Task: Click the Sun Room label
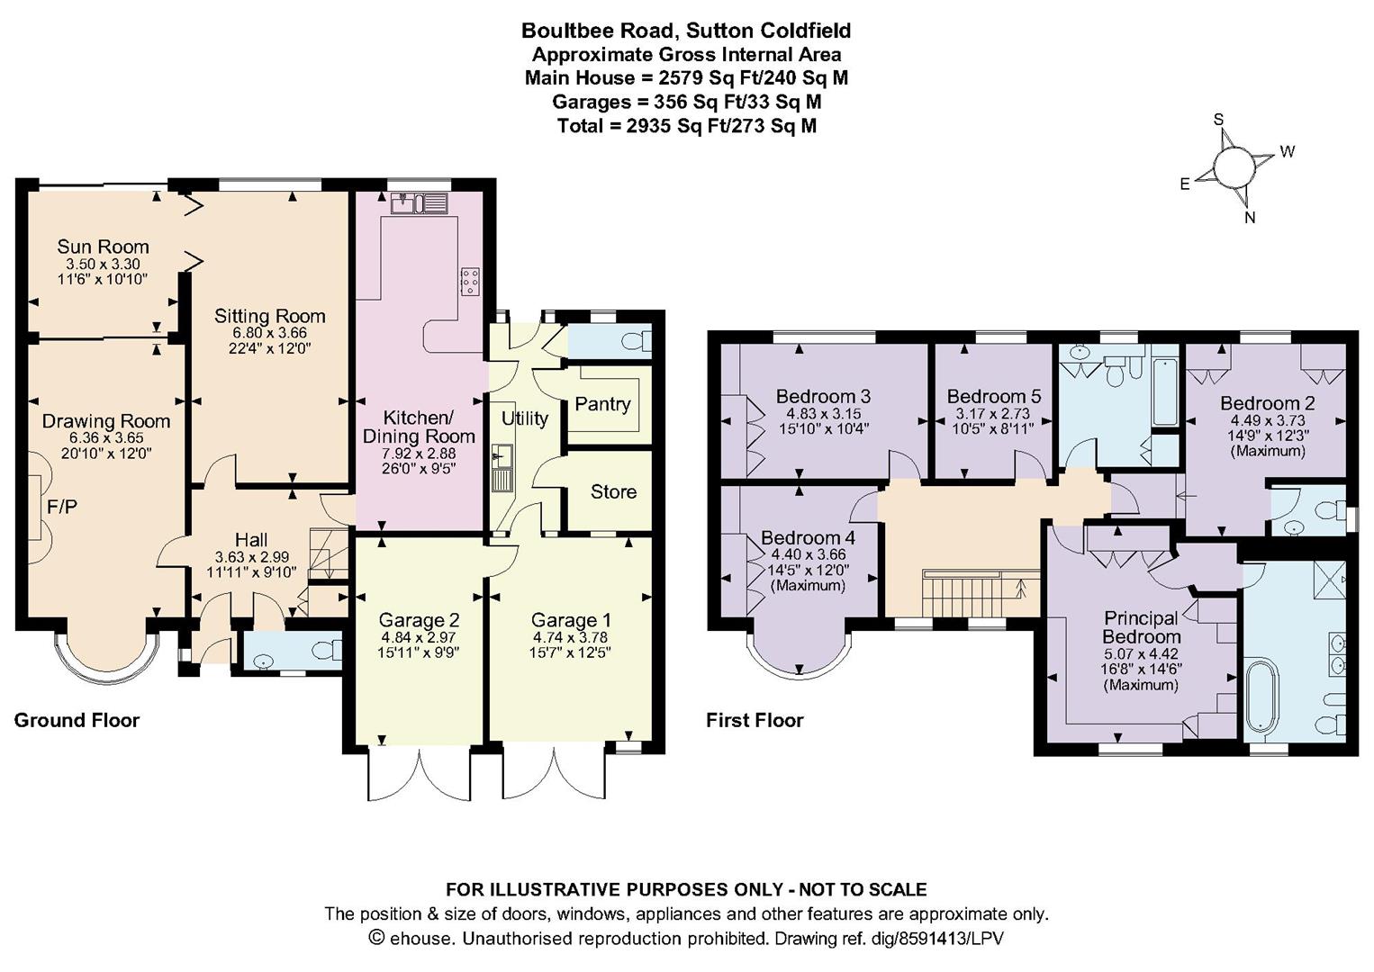point(103,247)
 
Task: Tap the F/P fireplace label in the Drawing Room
point(62,507)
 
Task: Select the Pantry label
point(602,404)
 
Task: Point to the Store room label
point(613,491)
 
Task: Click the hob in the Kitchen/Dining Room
point(471,281)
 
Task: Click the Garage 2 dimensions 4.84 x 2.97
point(419,637)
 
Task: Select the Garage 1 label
point(571,620)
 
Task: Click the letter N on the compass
point(1250,217)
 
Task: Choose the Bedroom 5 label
point(994,396)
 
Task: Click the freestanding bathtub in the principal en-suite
point(1262,696)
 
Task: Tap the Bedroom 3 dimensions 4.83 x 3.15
point(823,413)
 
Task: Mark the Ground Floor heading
point(77,720)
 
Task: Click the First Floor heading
point(755,720)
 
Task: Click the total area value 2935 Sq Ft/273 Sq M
point(721,126)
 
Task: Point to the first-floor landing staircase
point(975,592)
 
